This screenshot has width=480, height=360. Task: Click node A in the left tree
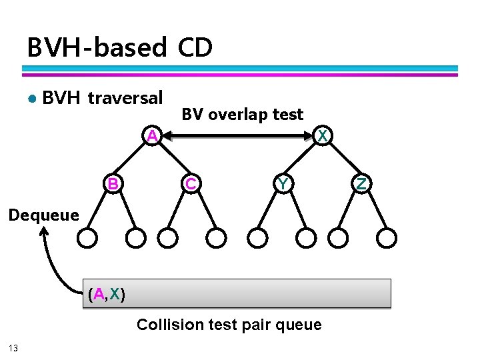coord(153,136)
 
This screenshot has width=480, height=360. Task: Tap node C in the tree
coord(191,183)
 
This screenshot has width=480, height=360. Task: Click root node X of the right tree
coord(323,136)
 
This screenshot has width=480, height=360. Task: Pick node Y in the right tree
coord(283,183)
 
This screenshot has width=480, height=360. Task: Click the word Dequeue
coord(43,215)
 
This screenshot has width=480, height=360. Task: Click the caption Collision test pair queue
coord(229,325)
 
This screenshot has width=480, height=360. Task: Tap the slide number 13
coord(13,348)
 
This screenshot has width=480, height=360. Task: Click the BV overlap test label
coord(243,115)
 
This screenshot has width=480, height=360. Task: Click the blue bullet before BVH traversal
coord(31,99)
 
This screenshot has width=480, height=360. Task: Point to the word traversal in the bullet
coord(125,99)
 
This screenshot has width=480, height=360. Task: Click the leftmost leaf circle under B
coord(87,237)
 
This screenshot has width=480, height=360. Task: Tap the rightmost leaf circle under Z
coord(387,237)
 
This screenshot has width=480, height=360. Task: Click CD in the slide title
coord(195,48)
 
